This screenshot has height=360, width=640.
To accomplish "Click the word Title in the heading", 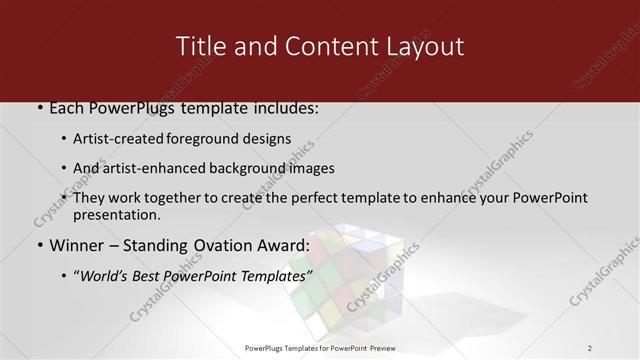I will [199, 46].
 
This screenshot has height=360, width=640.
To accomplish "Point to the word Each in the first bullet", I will [66, 108].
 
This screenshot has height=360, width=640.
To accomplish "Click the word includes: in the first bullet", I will [284, 108].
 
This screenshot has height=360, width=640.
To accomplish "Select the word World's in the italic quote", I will [108, 275].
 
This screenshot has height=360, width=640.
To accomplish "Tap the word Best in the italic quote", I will [154, 275].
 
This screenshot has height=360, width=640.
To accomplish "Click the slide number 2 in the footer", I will [590, 348].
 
